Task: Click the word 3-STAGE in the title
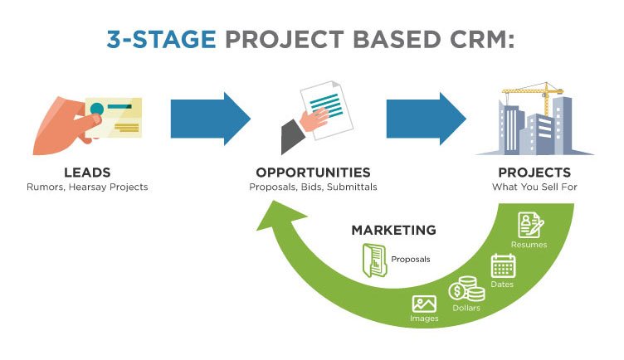[161, 39]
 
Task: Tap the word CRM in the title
[482, 39]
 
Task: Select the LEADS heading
[88, 173]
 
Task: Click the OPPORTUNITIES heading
[313, 173]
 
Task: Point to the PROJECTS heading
[534, 173]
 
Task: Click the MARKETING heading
[393, 230]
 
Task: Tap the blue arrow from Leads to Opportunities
[211, 119]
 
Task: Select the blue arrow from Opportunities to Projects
[427, 119]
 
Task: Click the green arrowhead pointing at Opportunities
[280, 216]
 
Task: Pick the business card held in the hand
[114, 117]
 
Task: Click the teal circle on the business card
[97, 109]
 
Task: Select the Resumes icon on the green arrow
[530, 225]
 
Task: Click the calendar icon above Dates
[503, 265]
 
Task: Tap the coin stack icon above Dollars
[467, 289]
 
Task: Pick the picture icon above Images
[424, 304]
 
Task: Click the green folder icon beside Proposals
[374, 260]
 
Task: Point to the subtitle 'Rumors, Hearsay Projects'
[87, 187]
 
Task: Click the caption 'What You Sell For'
[534, 187]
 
